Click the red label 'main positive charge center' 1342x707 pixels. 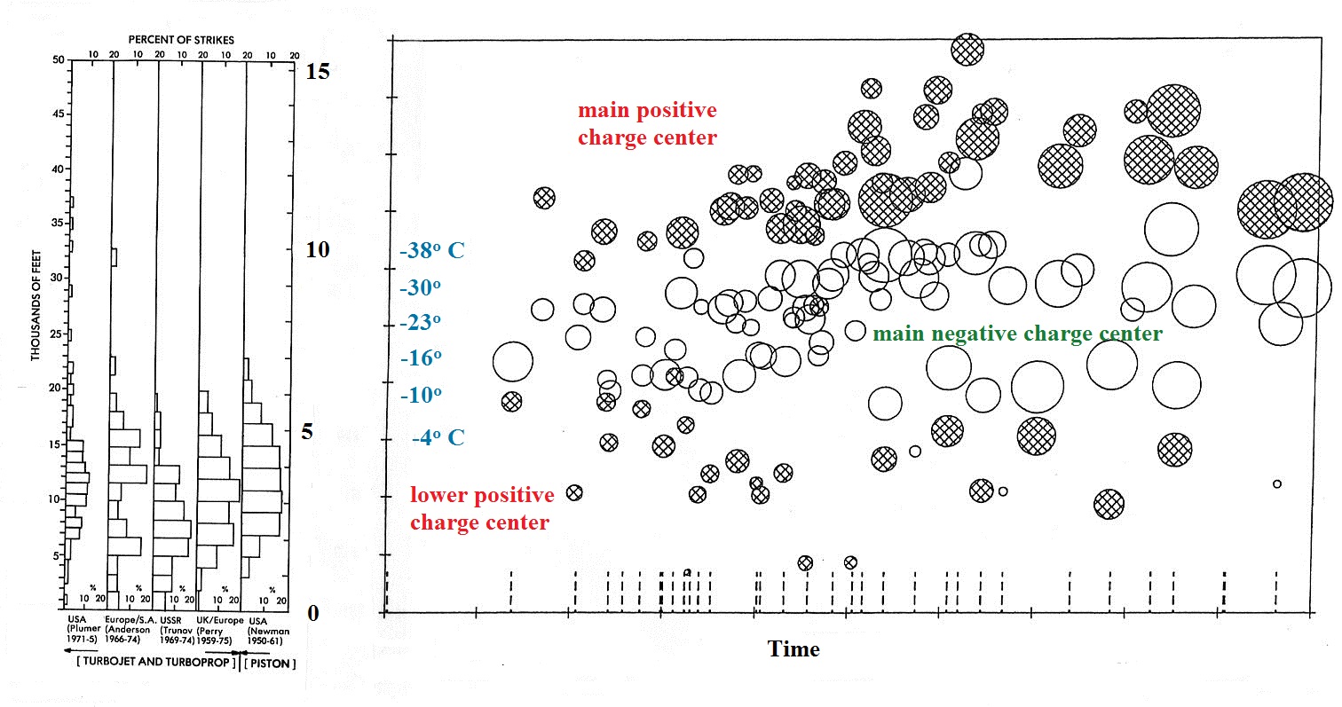(647, 124)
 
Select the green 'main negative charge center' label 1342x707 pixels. (1017, 334)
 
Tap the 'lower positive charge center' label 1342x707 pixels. (481, 509)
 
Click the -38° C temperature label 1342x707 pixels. (431, 251)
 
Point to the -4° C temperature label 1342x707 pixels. (438, 437)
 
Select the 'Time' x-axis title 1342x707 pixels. (793, 649)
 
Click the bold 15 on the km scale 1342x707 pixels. (317, 72)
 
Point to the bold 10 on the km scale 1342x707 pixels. (317, 250)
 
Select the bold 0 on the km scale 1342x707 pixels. (312, 613)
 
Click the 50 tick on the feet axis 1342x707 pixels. (59, 59)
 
